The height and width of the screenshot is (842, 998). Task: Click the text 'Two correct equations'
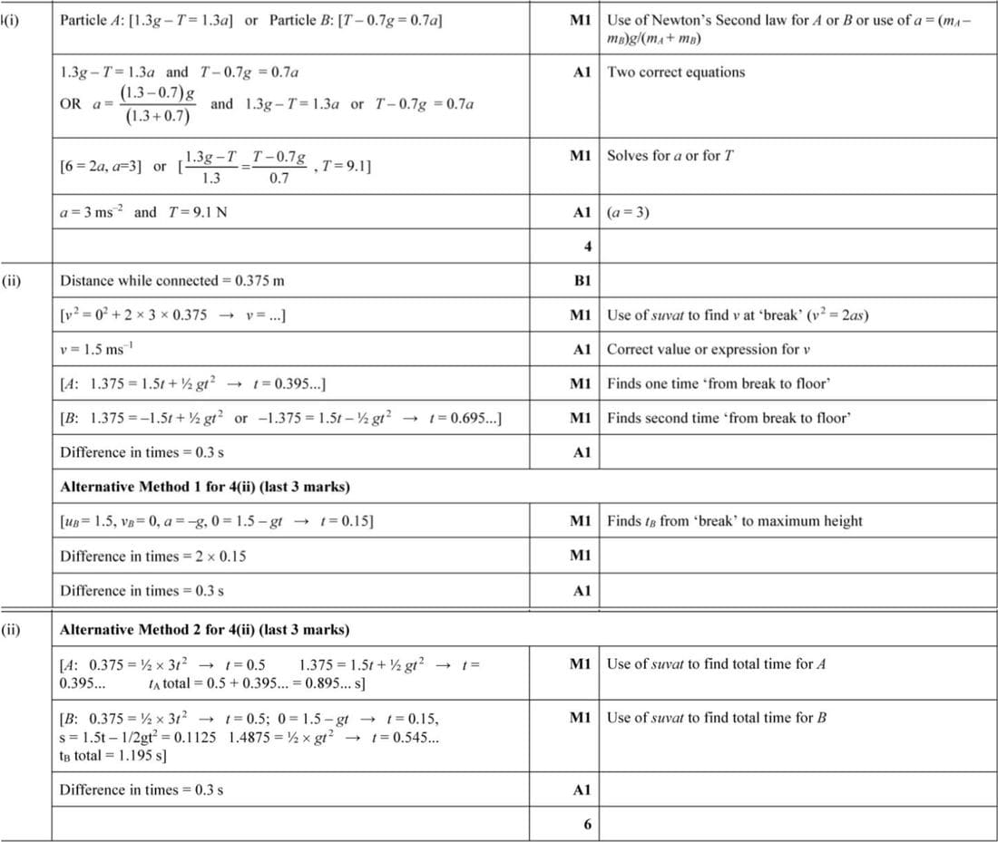[676, 73]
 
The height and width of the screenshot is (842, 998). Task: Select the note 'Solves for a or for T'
[670, 156]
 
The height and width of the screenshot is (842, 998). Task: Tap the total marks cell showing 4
[587, 246]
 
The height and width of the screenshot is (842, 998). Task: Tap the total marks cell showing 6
[587, 824]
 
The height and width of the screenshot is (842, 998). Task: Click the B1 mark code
[582, 281]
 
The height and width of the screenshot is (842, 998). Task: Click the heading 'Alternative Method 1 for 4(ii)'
[204, 488]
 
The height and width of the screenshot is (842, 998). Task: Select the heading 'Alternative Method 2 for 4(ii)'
[204, 630]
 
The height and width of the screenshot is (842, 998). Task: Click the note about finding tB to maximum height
[734, 521]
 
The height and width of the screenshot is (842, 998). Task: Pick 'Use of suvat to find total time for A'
[716, 664]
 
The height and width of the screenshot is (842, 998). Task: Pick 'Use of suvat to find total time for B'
[716, 718]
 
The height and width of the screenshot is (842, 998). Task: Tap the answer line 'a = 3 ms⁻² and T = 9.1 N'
[143, 213]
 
